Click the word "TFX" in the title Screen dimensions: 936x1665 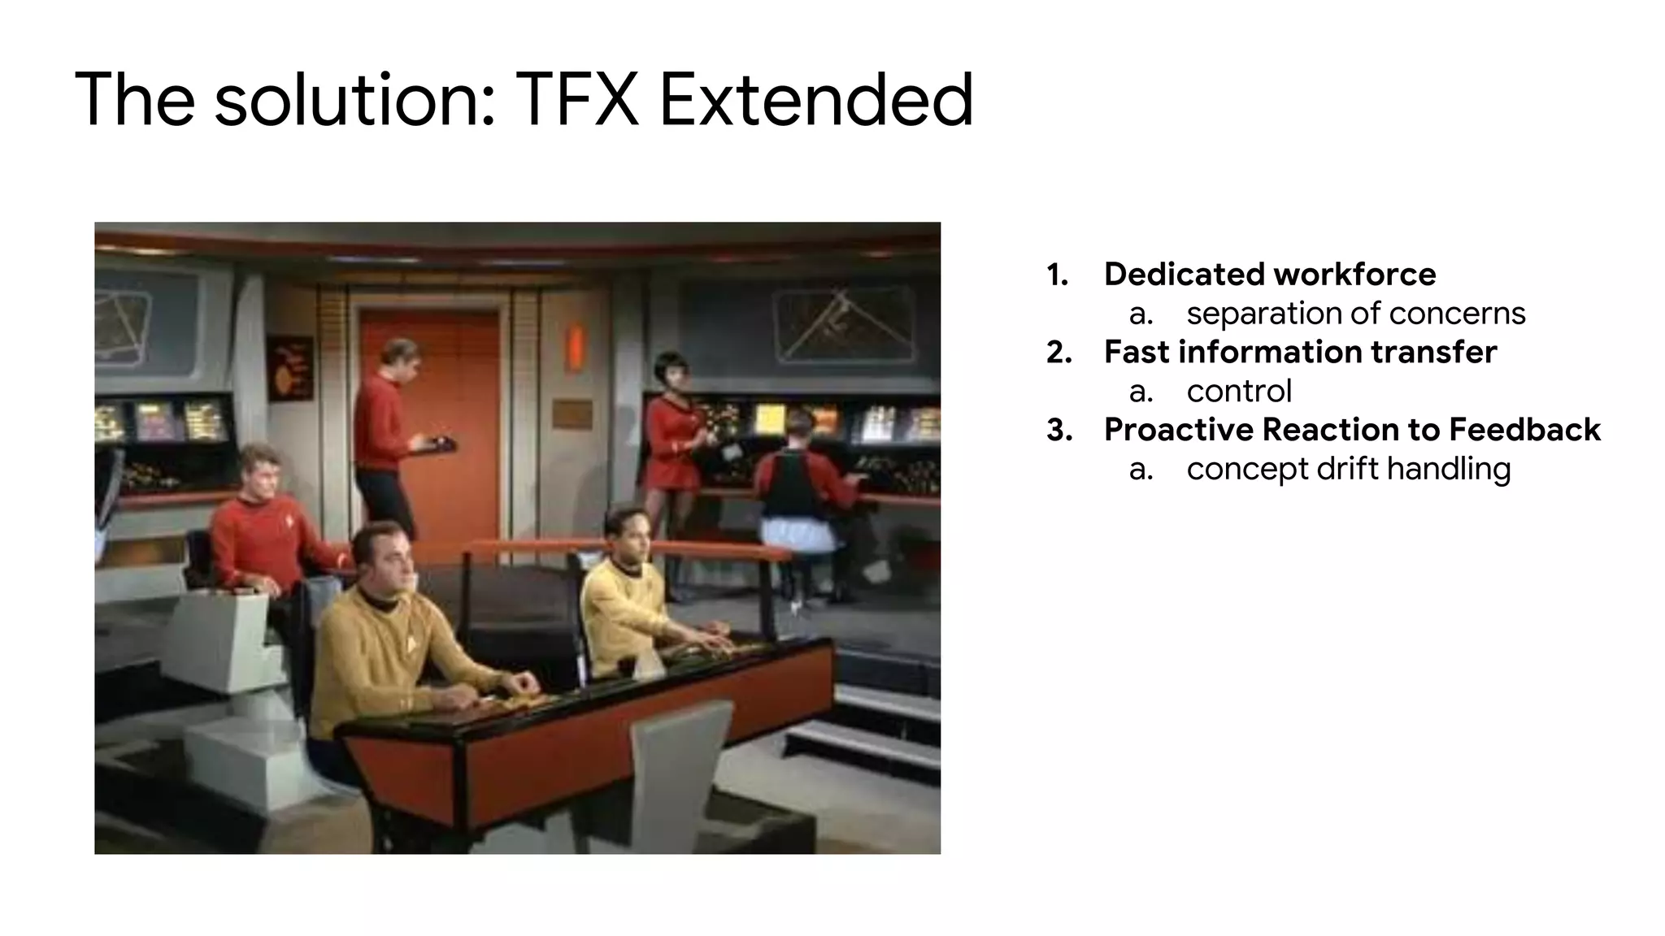(576, 101)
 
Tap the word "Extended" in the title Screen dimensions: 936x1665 (815, 101)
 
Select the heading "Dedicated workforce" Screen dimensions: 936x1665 (1269, 275)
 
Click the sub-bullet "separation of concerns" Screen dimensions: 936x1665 (1355, 314)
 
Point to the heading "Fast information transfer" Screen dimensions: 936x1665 (1300, 352)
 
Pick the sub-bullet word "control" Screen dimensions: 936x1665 (1238, 391)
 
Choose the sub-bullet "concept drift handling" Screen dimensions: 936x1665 (1348, 469)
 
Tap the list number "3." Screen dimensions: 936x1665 (1059, 430)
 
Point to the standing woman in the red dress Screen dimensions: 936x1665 (674, 431)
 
